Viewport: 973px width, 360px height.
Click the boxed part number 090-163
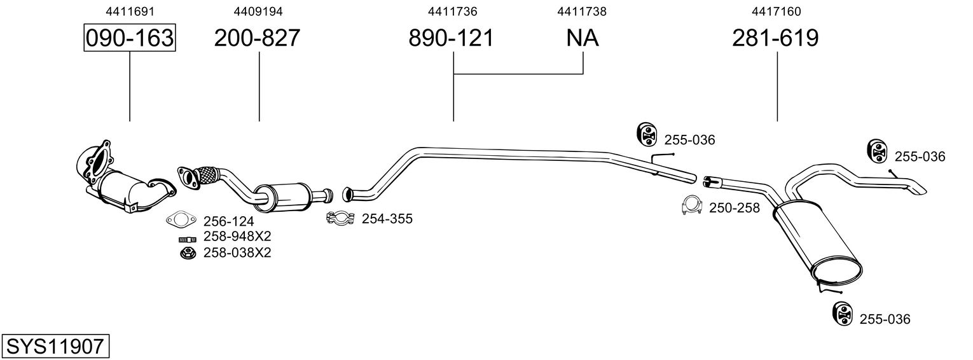[x=130, y=38]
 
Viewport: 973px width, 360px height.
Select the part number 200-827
[x=257, y=38]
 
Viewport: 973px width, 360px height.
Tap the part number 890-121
[x=452, y=38]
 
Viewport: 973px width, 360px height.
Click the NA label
[x=583, y=38]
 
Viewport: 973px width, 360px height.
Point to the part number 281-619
[x=775, y=38]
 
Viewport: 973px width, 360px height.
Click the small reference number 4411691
[x=130, y=11]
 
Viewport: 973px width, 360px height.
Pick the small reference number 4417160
[x=776, y=11]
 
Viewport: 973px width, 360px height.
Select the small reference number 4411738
[x=582, y=11]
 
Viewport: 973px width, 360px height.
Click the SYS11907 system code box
[x=55, y=346]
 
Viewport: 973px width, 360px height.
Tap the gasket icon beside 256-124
[x=181, y=220]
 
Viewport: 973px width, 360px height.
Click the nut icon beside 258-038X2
[x=188, y=253]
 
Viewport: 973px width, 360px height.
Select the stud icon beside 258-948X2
[x=188, y=239]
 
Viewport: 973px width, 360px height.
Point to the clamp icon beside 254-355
[x=340, y=218]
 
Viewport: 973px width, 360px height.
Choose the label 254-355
[x=387, y=219]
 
